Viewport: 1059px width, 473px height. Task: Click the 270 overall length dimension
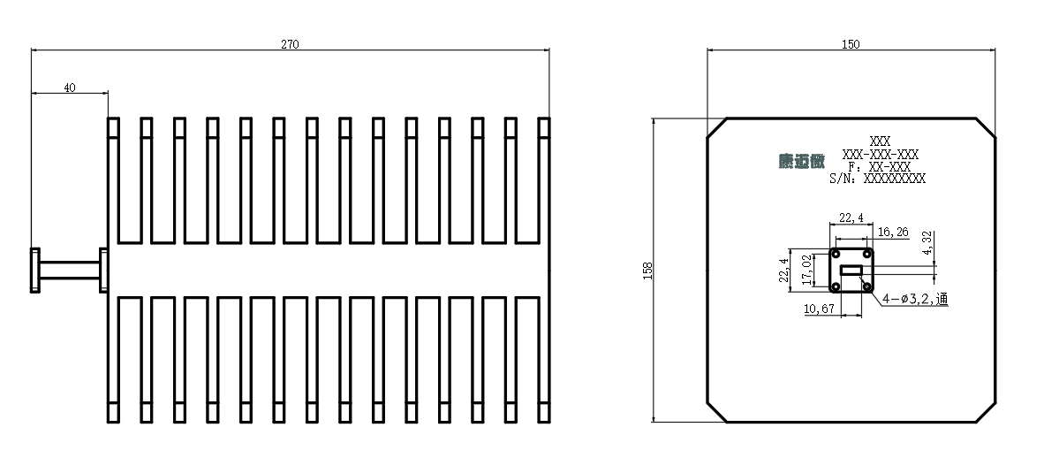pos(290,44)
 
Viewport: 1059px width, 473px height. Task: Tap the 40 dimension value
pos(70,88)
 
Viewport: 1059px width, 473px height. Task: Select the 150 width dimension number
pos(851,44)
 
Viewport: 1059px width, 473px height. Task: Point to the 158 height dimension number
pos(649,271)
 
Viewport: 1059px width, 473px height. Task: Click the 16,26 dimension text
pos(893,233)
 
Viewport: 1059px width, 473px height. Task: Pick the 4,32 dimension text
pos(927,242)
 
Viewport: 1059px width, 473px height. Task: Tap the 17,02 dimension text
pos(806,271)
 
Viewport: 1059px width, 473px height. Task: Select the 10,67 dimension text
pos(820,309)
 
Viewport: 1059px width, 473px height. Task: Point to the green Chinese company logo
pos(802,161)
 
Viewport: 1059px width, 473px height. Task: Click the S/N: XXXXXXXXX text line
pos(877,179)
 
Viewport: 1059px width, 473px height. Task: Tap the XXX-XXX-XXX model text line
pos(880,154)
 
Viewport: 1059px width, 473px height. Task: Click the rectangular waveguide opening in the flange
pos(851,271)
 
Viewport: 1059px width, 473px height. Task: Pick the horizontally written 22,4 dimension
pos(851,217)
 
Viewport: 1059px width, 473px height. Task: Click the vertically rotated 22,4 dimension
pos(784,271)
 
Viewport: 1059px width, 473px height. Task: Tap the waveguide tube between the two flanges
pos(70,271)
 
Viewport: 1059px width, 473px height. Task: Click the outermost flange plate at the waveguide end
pos(35,271)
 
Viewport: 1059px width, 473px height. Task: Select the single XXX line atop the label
pos(880,141)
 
